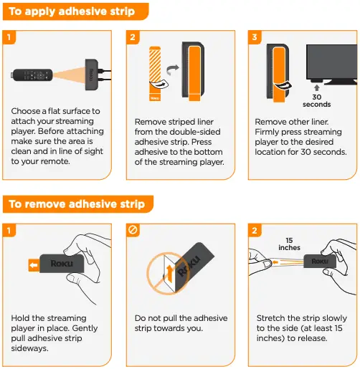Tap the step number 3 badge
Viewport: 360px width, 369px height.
[254, 37]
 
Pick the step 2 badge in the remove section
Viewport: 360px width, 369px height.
[254, 230]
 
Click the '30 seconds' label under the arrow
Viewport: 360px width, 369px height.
[317, 100]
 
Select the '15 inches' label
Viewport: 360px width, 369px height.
[290, 244]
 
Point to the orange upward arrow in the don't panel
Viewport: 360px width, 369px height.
[169, 271]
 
